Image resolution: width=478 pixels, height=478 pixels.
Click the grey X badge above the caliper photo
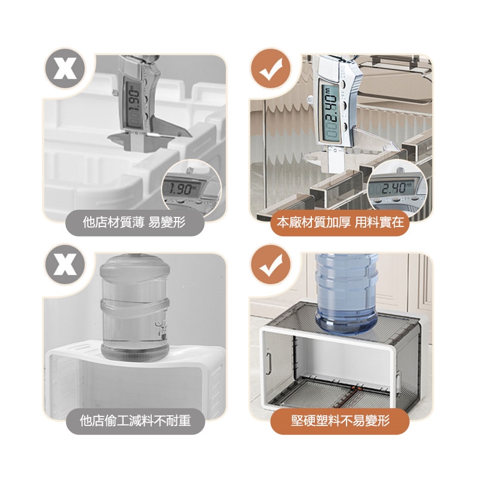(x=65, y=69)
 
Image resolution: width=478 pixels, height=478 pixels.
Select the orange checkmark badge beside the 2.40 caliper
(x=271, y=69)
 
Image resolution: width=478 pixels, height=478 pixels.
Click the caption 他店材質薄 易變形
(x=134, y=222)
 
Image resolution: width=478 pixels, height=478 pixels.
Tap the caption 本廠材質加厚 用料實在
(x=340, y=222)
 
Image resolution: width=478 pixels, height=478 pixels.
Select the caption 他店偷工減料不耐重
(x=135, y=421)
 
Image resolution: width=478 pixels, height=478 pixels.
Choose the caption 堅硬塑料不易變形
(x=340, y=421)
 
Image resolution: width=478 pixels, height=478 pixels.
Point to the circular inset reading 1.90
(x=191, y=188)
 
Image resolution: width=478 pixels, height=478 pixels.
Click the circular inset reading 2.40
(x=397, y=188)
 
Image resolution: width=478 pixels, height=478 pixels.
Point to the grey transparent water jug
(x=135, y=308)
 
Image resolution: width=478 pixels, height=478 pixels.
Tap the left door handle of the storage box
(x=268, y=363)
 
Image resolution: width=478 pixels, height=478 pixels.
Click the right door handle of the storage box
(x=398, y=383)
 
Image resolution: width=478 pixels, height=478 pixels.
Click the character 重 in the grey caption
(x=184, y=421)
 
